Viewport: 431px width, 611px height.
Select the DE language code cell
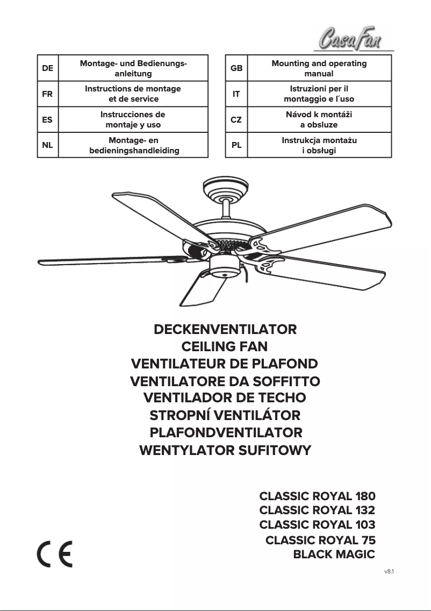47,68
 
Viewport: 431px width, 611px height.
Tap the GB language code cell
236,68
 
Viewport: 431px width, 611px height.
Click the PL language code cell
236,145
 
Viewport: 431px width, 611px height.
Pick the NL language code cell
47,145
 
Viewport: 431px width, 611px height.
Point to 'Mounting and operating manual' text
319,68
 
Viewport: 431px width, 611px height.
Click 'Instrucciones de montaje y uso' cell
133,119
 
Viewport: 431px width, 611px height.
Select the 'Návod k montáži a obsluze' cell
319,119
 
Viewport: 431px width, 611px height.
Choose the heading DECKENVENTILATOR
225,329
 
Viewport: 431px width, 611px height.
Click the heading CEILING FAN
225,346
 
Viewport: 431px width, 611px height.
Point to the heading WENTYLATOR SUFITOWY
225,450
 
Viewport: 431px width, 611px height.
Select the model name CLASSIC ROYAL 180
317,496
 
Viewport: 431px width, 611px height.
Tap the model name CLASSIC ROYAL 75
320,540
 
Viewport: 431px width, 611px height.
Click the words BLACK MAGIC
334,555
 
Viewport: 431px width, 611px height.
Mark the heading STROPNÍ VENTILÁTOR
225,415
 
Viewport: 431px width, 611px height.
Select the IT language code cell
236,94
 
